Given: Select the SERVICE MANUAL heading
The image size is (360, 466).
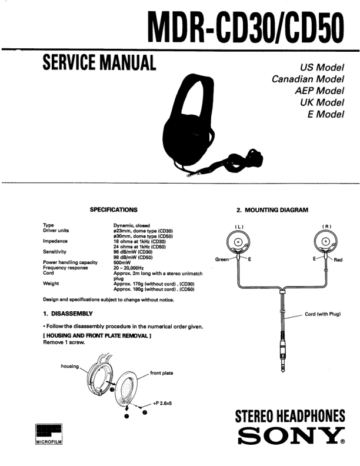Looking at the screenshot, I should point(98,62).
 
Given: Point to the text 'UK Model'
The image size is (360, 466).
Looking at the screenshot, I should point(321,102).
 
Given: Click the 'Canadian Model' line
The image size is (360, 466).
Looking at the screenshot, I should point(308,79).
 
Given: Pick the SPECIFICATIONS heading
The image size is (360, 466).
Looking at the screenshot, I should point(113,209).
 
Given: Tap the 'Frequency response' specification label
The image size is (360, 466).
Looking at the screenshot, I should point(65,267).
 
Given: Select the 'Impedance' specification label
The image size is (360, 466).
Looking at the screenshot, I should point(55,241).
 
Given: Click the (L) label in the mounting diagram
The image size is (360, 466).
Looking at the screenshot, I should point(239,227).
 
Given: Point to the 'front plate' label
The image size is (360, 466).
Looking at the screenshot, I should point(161,373).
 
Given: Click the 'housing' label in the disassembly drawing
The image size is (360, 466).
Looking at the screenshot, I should point(69,365).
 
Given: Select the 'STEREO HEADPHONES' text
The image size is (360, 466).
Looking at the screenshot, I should point(289,417).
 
